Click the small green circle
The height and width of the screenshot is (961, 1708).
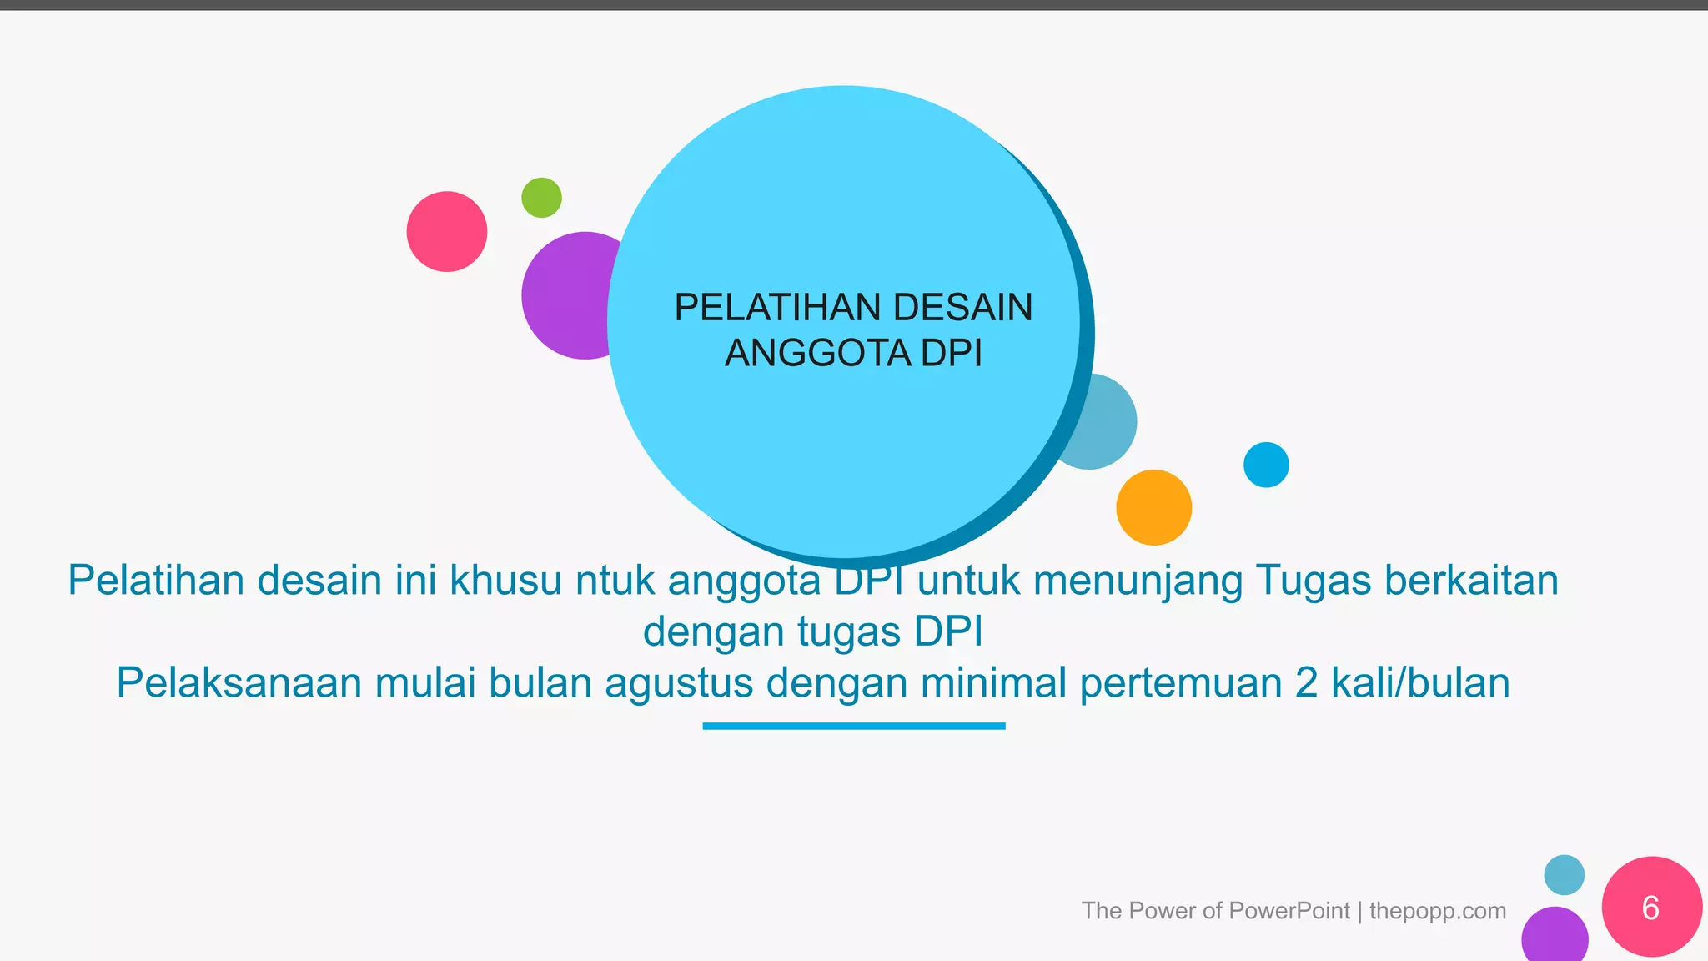541,198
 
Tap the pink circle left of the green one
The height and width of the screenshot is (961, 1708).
447,232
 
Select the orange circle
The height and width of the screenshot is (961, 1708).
1153,507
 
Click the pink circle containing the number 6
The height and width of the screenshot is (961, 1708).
1651,907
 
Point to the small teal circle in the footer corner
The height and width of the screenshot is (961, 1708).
1564,875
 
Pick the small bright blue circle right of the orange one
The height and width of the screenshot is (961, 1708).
1266,465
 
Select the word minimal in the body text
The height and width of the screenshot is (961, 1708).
993,683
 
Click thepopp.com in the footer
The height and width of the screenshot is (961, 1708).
1437,910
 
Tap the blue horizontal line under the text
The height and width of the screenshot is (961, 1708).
853,726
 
